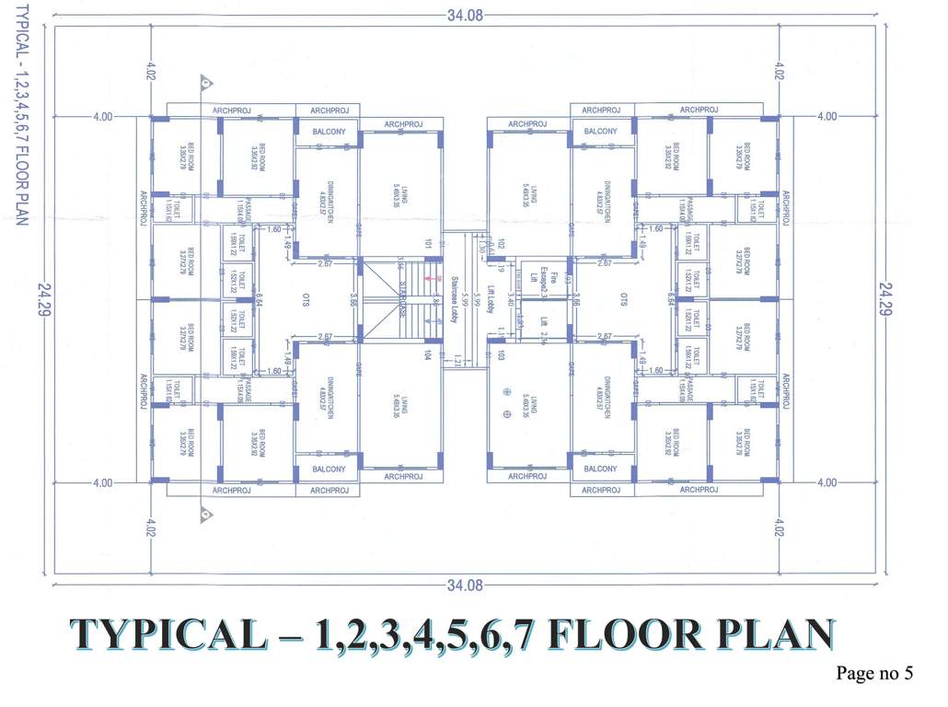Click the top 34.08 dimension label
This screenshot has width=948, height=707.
(465, 15)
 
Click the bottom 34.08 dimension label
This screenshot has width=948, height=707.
(465, 585)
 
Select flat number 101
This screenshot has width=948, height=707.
(428, 245)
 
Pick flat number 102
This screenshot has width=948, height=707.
(503, 245)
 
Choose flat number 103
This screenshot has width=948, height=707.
(503, 354)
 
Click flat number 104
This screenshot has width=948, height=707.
(428, 354)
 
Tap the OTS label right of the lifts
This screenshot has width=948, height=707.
(623, 299)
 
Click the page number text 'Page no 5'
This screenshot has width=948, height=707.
(873, 674)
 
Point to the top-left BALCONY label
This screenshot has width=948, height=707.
(329, 132)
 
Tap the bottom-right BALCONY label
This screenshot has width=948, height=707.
(600, 469)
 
